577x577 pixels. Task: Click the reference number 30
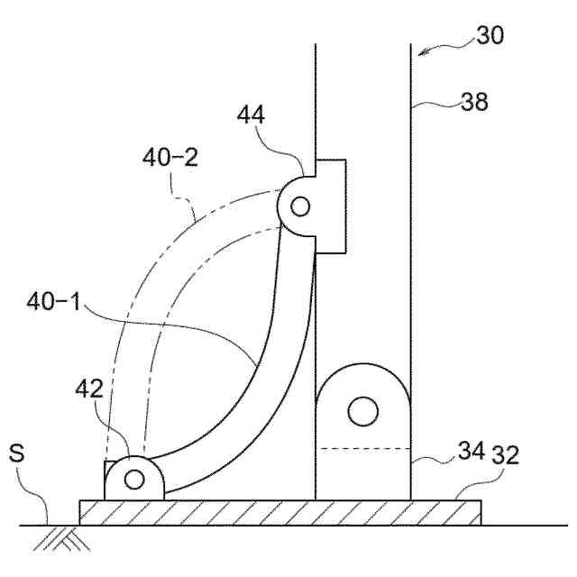tap(490, 37)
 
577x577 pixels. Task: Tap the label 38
tap(474, 102)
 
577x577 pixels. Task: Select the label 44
tap(252, 114)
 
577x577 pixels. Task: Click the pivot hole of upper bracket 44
tap(300, 206)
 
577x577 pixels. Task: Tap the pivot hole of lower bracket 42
tap(134, 479)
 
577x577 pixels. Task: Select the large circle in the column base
tap(362, 411)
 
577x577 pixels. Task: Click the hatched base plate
tap(279, 512)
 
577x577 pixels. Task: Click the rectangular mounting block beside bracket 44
tap(332, 206)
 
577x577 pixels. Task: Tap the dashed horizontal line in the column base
tap(363, 449)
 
